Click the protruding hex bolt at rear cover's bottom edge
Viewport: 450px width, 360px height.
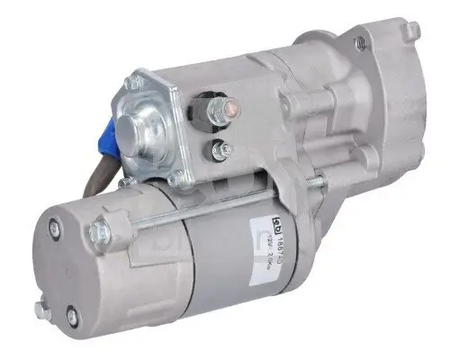click(41, 310)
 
